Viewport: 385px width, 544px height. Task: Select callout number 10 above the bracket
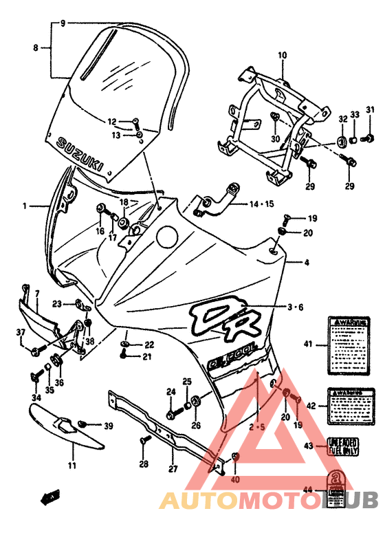point(282,55)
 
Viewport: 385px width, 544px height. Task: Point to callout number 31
point(370,110)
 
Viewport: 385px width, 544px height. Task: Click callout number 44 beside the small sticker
point(308,490)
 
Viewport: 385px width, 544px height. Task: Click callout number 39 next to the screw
point(108,427)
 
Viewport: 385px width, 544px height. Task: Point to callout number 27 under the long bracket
point(173,469)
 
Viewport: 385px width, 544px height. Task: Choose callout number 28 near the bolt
point(143,464)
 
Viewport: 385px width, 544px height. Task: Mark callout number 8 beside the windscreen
point(36,47)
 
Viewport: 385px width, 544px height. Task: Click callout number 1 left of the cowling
point(24,206)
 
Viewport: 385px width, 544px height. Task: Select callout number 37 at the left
point(21,334)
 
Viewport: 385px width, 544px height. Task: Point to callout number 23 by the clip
point(57,303)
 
